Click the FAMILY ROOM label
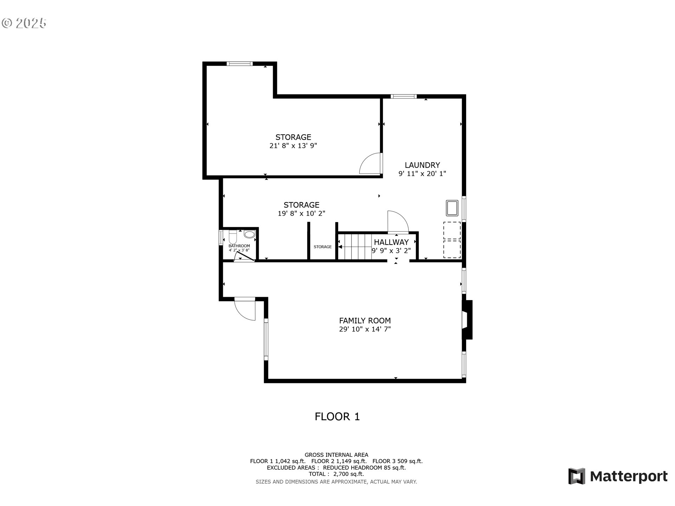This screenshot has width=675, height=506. [365, 320]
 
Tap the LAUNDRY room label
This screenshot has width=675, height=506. [422, 165]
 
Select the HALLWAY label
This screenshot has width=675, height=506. [391, 242]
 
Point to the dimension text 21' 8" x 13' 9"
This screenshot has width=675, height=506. [293, 146]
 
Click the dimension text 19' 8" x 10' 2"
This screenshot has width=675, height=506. [301, 213]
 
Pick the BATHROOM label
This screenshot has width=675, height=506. [239, 246]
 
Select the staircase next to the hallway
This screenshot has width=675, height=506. [358, 247]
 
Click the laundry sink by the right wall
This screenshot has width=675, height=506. [452, 208]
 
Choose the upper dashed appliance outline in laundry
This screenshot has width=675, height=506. [452, 231]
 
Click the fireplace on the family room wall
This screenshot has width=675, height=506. [467, 320]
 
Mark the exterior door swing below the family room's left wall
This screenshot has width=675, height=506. [245, 309]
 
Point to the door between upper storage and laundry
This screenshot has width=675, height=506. [371, 163]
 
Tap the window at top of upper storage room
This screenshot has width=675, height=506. [240, 64]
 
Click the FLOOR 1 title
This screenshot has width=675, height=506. [337, 417]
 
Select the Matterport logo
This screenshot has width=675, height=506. [618, 476]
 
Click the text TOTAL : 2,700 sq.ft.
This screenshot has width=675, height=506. [336, 474]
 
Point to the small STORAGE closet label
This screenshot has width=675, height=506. [322, 247]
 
